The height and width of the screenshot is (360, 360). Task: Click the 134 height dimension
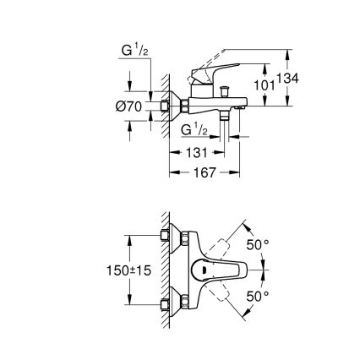(x=290, y=79)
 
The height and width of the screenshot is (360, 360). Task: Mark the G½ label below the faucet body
(x=197, y=129)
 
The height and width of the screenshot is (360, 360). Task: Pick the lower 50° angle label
(x=257, y=297)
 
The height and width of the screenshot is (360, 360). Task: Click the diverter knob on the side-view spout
(x=227, y=90)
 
